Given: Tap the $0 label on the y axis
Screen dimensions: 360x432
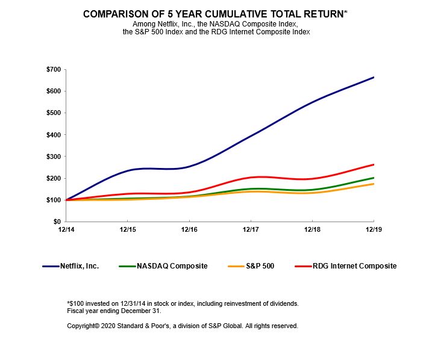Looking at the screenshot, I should pyautogui.click(x=55, y=222).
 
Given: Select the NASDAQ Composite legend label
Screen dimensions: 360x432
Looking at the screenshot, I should pyautogui.click(x=171, y=266).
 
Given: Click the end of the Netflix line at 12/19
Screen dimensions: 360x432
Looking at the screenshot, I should pyautogui.click(x=374, y=77).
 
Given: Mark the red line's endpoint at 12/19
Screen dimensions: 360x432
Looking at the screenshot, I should pyautogui.click(x=374, y=164).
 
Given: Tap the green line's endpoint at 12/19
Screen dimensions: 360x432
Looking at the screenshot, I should pyautogui.click(x=374, y=178).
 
